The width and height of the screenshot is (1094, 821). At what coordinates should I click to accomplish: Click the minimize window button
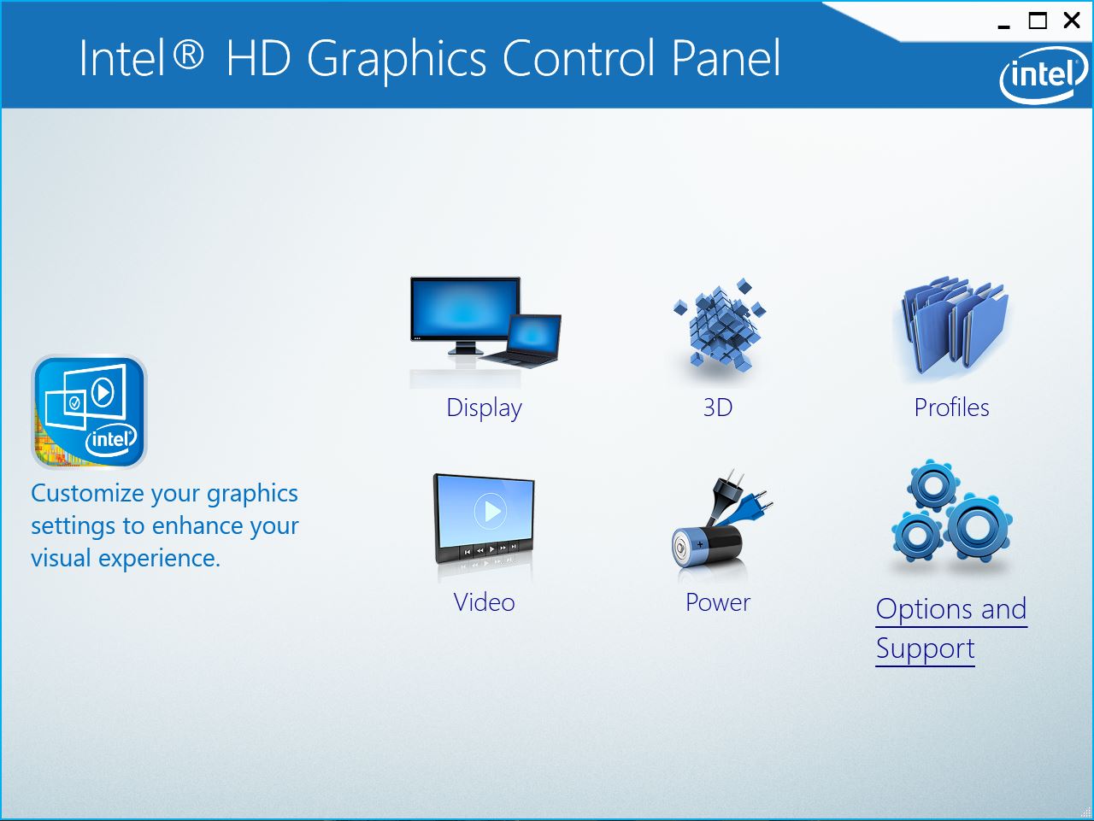click(1003, 26)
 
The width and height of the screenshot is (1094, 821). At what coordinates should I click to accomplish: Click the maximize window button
click(1038, 21)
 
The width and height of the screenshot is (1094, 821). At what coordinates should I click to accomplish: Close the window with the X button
click(1072, 21)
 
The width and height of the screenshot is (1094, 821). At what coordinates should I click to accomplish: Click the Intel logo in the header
click(1044, 74)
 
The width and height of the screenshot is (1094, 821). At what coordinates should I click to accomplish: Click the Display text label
click(484, 408)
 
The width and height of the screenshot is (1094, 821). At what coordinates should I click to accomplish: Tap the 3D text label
click(718, 408)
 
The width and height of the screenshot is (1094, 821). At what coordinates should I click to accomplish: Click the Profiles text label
click(951, 408)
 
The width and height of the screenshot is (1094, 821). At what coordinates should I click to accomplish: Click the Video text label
click(484, 601)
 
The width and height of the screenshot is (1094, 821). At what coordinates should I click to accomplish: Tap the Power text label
click(718, 601)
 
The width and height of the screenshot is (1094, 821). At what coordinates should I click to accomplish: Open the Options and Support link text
click(951, 629)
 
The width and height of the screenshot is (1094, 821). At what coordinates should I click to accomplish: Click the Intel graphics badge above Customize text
click(89, 412)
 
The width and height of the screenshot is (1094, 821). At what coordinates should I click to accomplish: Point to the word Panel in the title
click(726, 58)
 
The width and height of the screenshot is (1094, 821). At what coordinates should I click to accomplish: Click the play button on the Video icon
click(491, 511)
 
